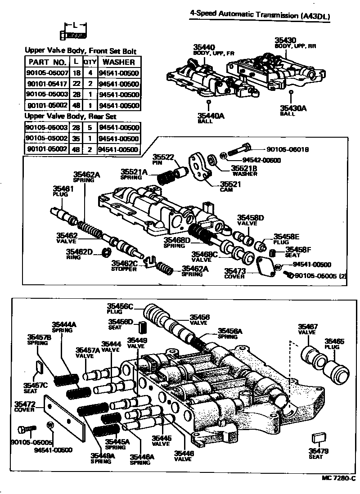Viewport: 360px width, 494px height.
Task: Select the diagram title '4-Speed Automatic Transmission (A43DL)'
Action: point(260,16)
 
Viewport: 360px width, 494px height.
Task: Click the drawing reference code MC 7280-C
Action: point(338,478)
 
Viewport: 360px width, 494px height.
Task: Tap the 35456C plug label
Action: point(120,308)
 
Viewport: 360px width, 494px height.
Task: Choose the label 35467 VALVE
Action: point(308,329)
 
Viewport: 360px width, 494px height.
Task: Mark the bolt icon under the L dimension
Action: point(72,35)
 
